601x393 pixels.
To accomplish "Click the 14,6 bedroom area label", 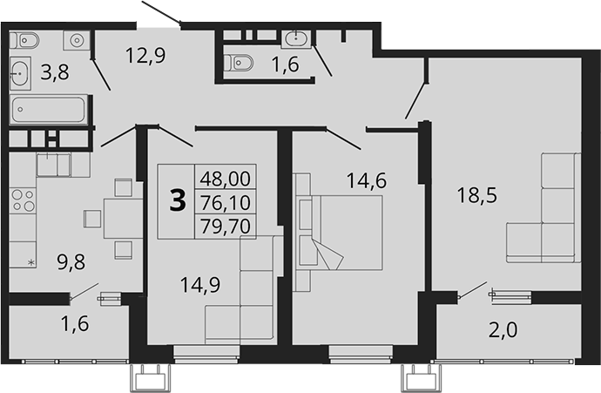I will pyautogui.click(x=367, y=181).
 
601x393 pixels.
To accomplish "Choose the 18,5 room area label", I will pyautogui.click(x=478, y=196).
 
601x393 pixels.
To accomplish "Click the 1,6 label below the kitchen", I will pyautogui.click(x=74, y=324).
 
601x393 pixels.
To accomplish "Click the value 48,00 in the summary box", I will pyautogui.click(x=225, y=178).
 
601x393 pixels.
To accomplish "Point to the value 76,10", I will pyautogui.click(x=225, y=201).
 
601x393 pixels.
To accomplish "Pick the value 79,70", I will pyautogui.click(x=225, y=225).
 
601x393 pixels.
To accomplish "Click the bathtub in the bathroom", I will pyautogui.click(x=50, y=112).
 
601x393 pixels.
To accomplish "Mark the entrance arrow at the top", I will pyautogui.click(x=163, y=13).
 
